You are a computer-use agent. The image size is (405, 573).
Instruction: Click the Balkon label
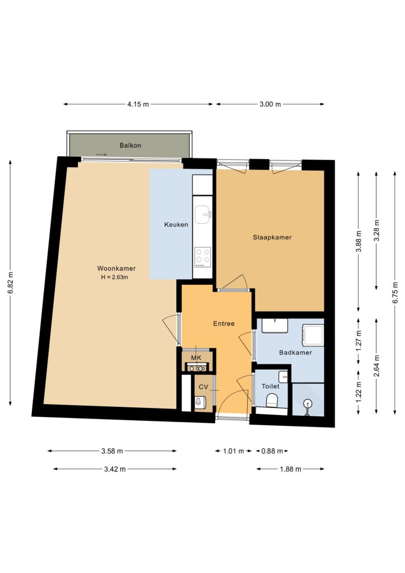(130, 145)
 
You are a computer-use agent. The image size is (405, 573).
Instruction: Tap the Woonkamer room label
(116, 268)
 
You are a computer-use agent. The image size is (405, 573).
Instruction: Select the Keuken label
(176, 224)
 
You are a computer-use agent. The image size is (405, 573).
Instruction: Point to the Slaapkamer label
(272, 237)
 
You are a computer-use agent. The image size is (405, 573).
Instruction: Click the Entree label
(224, 323)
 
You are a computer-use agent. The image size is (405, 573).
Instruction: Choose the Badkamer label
(295, 353)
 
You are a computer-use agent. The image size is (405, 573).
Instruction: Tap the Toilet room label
(271, 386)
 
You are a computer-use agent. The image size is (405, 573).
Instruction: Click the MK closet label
(196, 358)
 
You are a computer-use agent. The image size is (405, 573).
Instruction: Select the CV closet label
(204, 387)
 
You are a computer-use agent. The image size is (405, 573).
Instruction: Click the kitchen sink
(202, 214)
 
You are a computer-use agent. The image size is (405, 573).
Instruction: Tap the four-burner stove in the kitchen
(202, 256)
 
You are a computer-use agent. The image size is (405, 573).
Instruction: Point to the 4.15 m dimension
(138, 104)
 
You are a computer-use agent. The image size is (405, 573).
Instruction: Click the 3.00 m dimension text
(270, 104)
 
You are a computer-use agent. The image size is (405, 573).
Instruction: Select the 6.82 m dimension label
(11, 283)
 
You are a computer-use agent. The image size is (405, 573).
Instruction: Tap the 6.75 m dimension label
(395, 292)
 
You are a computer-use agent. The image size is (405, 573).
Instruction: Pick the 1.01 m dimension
(233, 451)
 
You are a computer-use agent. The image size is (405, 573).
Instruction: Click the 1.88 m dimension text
(291, 469)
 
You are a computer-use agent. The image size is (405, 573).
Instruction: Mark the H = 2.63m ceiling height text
(115, 277)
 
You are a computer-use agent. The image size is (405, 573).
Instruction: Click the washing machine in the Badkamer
(313, 335)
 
